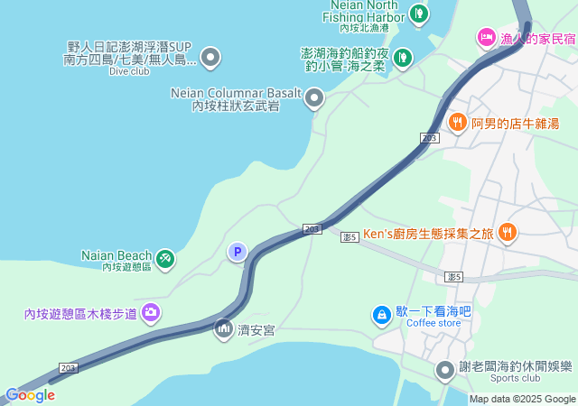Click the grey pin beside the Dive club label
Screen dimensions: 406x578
[x=210, y=59]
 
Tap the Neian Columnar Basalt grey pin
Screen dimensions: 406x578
[x=314, y=97]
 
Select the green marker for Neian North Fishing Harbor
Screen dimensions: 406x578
[x=418, y=14]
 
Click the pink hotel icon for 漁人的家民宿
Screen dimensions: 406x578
[x=486, y=38]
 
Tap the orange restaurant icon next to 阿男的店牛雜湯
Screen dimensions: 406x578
[x=458, y=122]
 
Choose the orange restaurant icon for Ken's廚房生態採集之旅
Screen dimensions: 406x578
[x=508, y=233]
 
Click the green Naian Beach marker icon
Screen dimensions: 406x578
[x=165, y=259]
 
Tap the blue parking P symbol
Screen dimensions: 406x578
[x=237, y=252]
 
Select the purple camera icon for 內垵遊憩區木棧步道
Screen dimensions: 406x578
[x=150, y=313]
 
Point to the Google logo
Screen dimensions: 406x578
[x=30, y=395]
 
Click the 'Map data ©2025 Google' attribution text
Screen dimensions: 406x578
[x=522, y=399]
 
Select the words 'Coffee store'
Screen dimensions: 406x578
[x=433, y=324]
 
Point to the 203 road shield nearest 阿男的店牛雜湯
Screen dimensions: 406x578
[x=429, y=136]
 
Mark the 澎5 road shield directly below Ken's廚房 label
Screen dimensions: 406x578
[x=351, y=236]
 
